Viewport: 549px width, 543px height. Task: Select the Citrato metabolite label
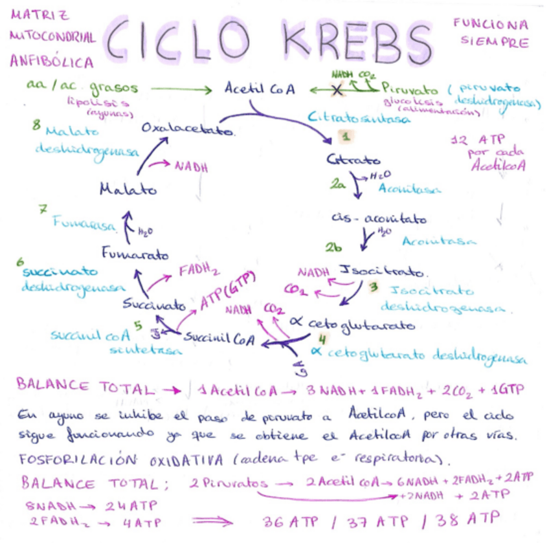pos(353,159)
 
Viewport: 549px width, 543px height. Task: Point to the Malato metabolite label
pos(128,190)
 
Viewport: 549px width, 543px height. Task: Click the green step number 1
pos(346,137)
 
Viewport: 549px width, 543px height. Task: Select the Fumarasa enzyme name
pos(85,225)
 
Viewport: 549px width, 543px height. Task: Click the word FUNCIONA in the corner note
pos(490,25)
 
